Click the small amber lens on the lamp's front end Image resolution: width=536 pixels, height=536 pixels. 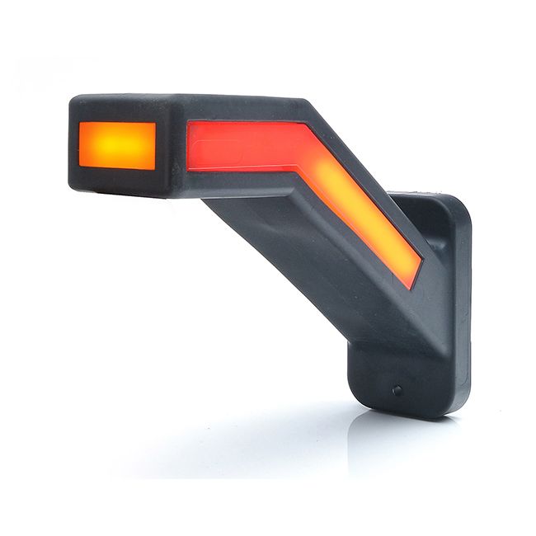(116, 145)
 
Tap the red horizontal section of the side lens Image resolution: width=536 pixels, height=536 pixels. (239, 145)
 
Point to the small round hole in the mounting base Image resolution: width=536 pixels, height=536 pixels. (398, 390)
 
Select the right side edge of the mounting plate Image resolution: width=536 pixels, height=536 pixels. (468, 313)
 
